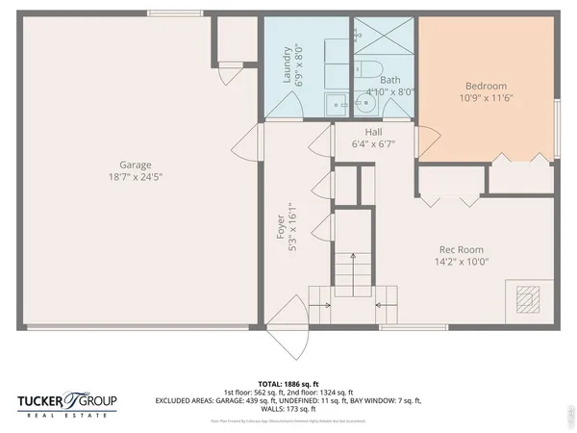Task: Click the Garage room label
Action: coord(135,165)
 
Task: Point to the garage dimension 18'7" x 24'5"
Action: coord(135,177)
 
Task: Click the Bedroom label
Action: coord(486,85)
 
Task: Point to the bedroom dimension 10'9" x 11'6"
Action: coord(486,97)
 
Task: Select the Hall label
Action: coord(374,132)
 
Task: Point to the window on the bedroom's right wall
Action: coord(557,125)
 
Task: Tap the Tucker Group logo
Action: coord(67,401)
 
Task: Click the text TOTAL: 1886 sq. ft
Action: coord(288,382)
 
